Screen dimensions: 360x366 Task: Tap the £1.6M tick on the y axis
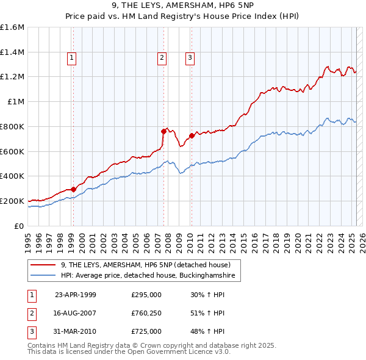click(12, 27)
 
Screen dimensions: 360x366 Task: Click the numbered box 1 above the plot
click(72, 58)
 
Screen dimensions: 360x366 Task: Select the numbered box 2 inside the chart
click(162, 58)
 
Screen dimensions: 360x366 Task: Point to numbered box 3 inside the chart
click(190, 58)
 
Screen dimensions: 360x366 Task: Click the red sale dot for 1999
click(73, 189)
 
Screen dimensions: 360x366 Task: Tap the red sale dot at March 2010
click(192, 135)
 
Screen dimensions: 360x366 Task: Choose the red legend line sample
click(43, 265)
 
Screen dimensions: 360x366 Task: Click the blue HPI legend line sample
click(43, 276)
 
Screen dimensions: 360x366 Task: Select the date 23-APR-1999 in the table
click(76, 295)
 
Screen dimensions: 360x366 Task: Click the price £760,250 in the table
click(146, 313)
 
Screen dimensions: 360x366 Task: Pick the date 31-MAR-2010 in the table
click(76, 331)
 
